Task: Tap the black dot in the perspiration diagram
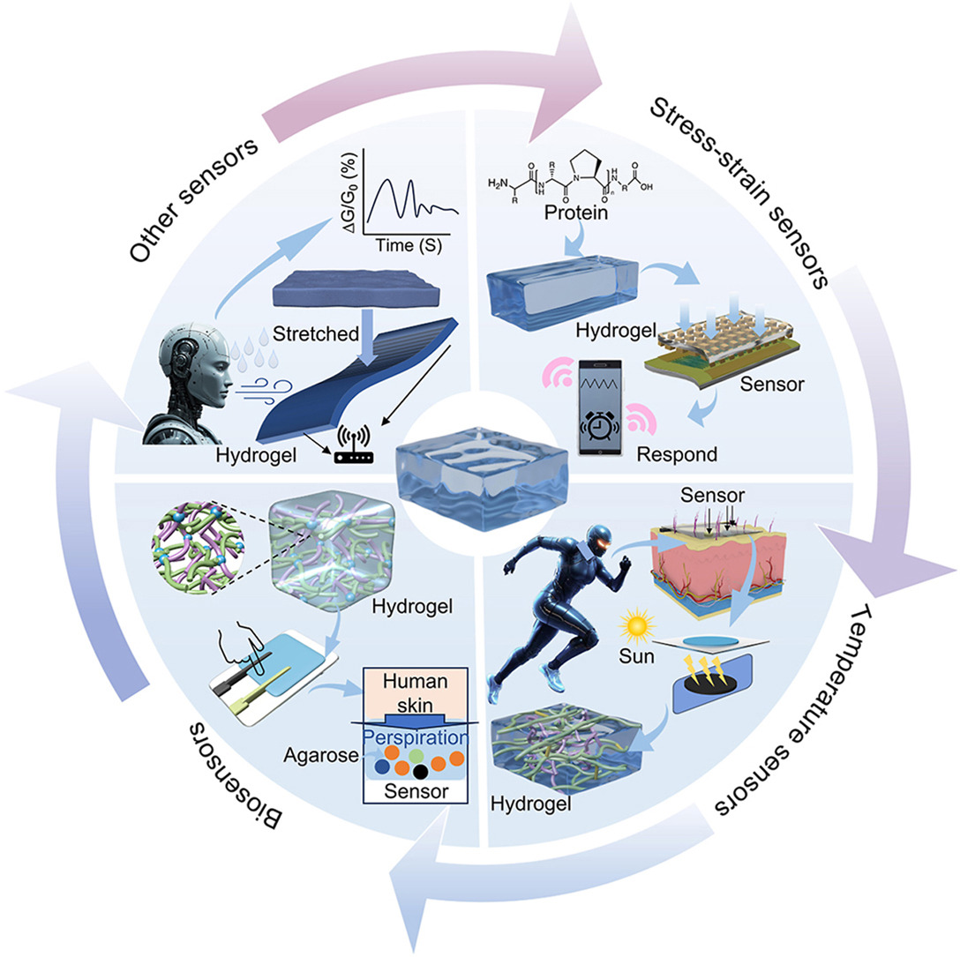[x=421, y=772]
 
